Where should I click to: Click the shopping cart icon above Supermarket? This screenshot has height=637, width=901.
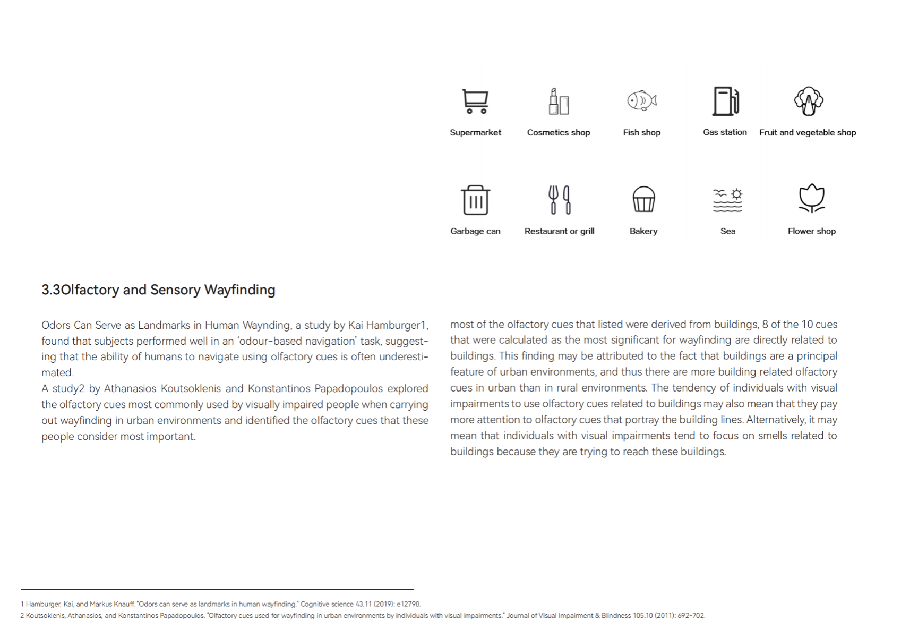(x=475, y=101)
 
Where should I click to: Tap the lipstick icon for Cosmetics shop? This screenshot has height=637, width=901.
(x=559, y=101)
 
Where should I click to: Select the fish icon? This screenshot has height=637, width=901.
(x=642, y=100)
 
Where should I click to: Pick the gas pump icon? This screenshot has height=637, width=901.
(x=725, y=101)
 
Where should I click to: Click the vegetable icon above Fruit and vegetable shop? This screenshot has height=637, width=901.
(x=808, y=101)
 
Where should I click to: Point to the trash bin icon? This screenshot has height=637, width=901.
(x=475, y=200)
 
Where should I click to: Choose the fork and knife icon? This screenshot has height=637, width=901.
(x=560, y=200)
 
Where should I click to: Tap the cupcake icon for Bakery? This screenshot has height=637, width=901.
(x=643, y=199)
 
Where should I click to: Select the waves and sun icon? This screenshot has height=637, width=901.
(x=727, y=200)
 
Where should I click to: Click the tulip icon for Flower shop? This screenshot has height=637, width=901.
(x=811, y=199)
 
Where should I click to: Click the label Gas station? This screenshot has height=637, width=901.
(x=725, y=132)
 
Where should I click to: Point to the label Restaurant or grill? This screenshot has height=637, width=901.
(x=559, y=231)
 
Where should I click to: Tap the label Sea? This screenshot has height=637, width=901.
(x=727, y=231)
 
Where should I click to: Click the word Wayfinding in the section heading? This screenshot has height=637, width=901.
(x=239, y=290)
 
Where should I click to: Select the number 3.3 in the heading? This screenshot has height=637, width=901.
(x=51, y=290)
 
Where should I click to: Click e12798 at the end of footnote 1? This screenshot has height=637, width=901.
(x=408, y=604)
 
